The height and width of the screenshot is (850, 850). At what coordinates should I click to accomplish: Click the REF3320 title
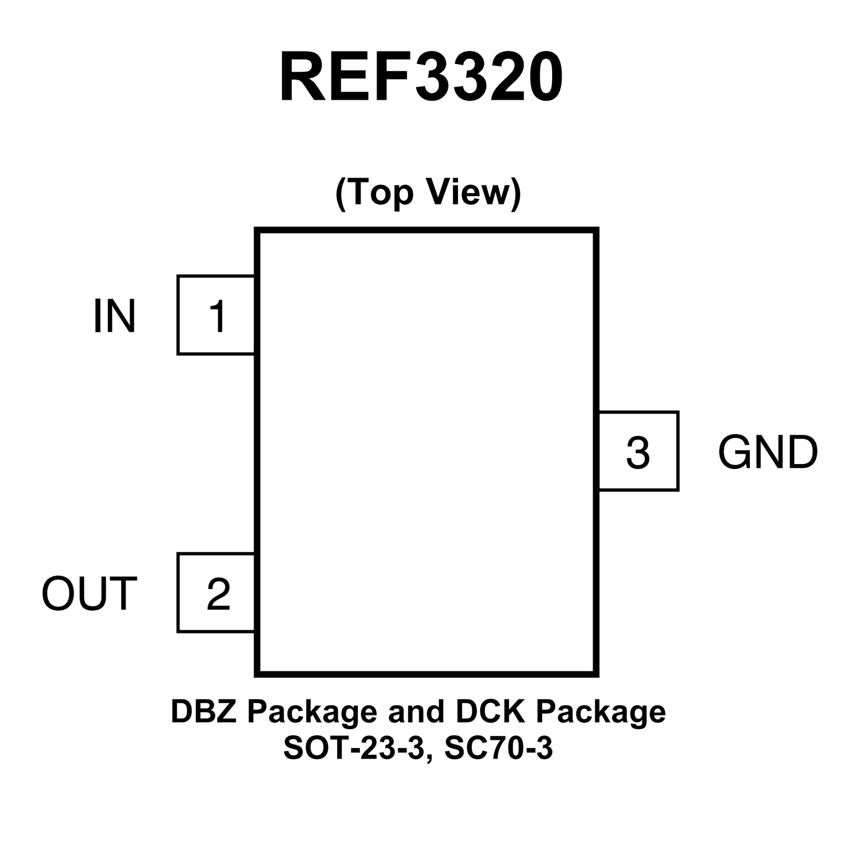pos(421,78)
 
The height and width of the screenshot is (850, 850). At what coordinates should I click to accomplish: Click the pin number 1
pos(218,316)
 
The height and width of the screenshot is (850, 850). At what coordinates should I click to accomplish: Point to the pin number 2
pos(218,594)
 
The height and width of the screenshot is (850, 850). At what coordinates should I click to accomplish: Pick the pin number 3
pos(637,452)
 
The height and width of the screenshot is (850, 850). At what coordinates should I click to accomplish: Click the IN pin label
pos(114,316)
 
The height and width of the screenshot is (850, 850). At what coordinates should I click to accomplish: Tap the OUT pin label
pos(89,594)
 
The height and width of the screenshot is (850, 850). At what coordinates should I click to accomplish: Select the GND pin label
pos(767,452)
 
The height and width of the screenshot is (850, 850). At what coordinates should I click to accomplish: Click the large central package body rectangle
pos(426,451)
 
